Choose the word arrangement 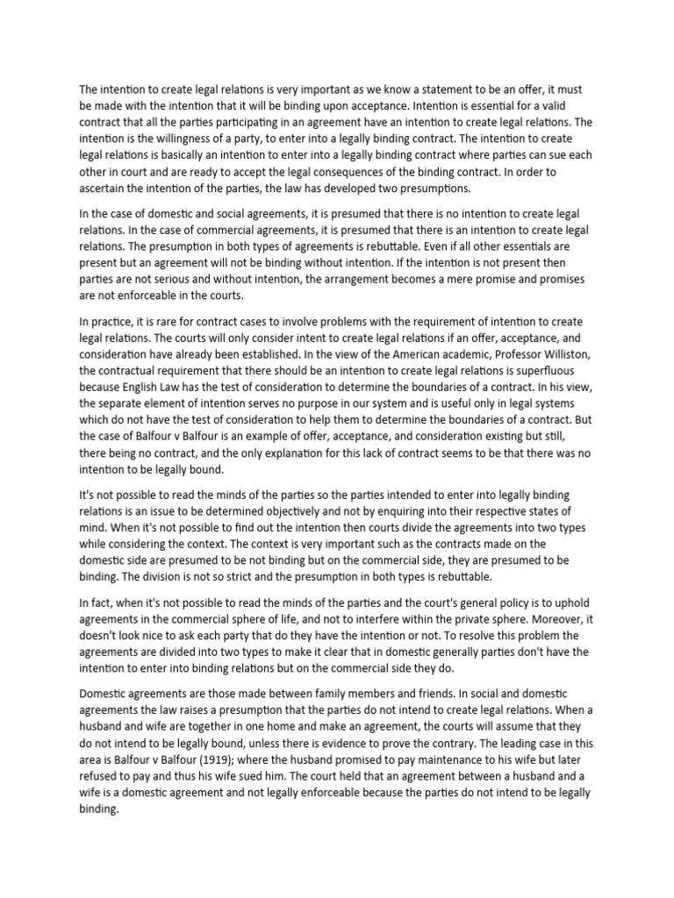(337, 279)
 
